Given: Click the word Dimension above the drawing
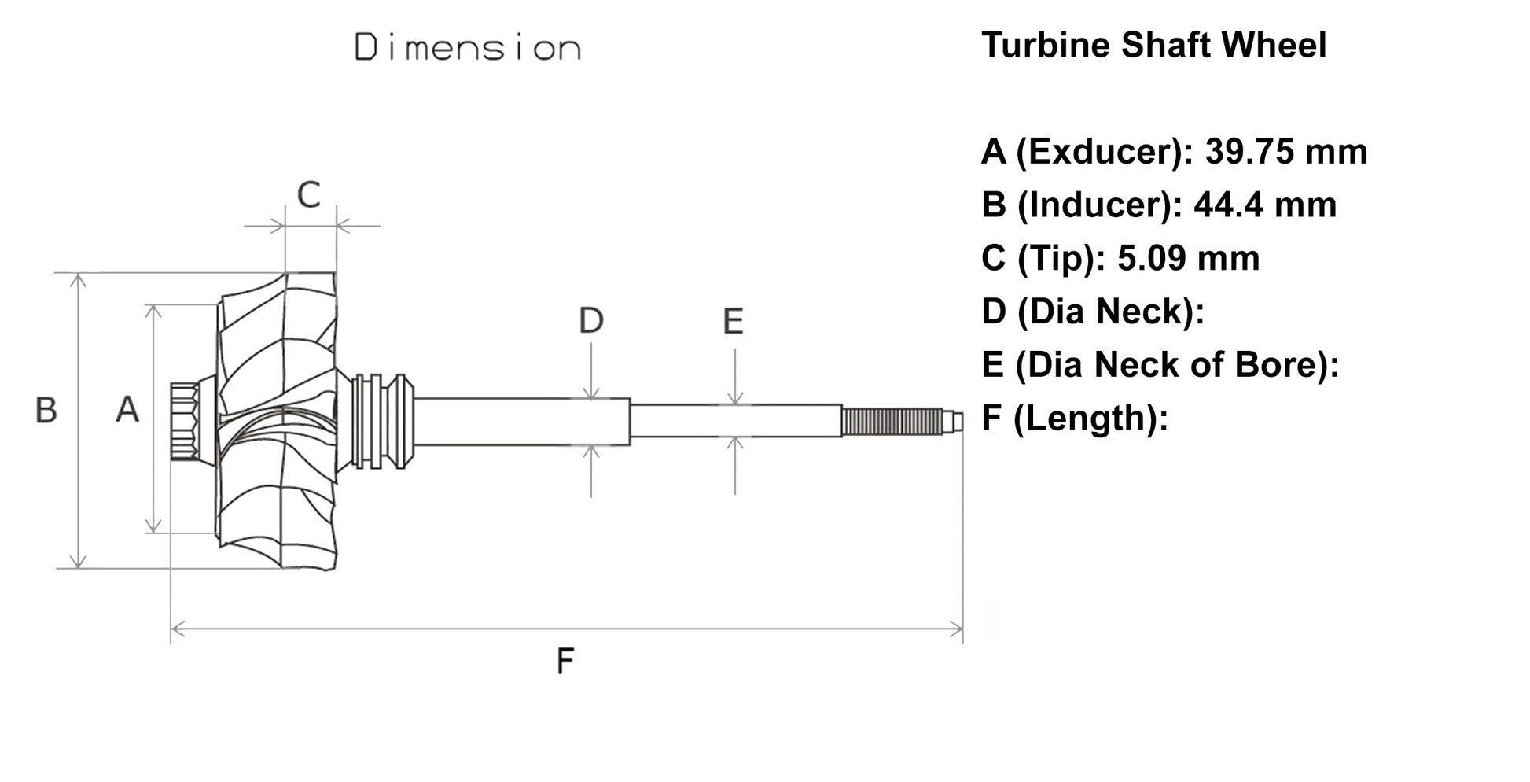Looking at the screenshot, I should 467,48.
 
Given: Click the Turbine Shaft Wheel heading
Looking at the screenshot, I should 1153,45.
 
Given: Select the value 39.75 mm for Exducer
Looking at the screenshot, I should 1286,151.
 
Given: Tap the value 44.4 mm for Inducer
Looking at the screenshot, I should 1265,205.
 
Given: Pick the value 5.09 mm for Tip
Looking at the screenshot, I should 1188,258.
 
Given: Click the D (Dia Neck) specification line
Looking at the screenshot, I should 1093,312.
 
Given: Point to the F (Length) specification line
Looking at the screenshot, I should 1074,418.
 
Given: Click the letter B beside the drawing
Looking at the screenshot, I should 46,411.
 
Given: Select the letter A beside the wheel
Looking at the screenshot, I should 127,410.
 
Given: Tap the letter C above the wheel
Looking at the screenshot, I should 309,194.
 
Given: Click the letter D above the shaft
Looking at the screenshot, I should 590,321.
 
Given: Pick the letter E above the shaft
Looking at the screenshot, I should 733,322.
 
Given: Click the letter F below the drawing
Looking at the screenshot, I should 565,661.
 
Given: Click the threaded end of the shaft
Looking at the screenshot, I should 892,422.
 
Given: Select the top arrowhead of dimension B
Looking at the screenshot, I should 77,280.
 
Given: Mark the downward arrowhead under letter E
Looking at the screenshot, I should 734,398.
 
